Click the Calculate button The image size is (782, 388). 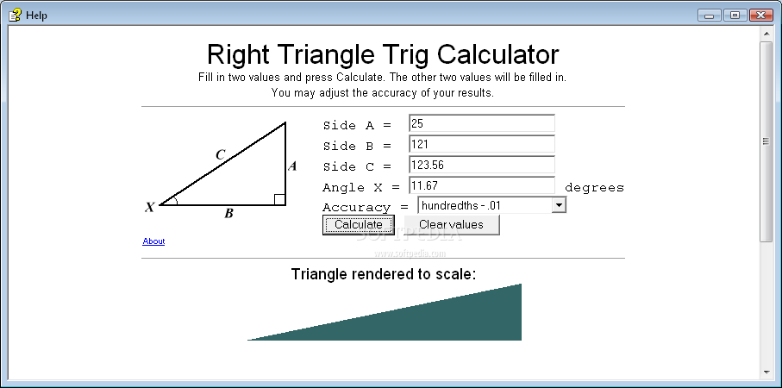pyautogui.click(x=358, y=224)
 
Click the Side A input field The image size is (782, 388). pyautogui.click(x=481, y=123)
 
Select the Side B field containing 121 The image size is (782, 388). pyautogui.click(x=481, y=144)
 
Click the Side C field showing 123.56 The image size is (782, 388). pyautogui.click(x=481, y=165)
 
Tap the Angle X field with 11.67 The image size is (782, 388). pyautogui.click(x=481, y=185)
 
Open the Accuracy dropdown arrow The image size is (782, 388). pyautogui.click(x=559, y=205)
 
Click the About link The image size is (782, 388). pyautogui.click(x=153, y=241)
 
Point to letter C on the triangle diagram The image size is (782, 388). pyautogui.click(x=221, y=154)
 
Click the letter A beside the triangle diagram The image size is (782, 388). pyautogui.click(x=292, y=166)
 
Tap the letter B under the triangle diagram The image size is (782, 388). pyautogui.click(x=229, y=214)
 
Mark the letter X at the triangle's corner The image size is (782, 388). pyautogui.click(x=150, y=208)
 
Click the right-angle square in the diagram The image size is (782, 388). pyautogui.click(x=280, y=199)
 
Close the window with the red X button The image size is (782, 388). pyautogui.click(x=761, y=15)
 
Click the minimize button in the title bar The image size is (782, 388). pyautogui.click(x=710, y=15)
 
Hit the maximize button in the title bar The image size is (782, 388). pyautogui.click(x=735, y=15)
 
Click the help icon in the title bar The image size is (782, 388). pyautogui.click(x=15, y=15)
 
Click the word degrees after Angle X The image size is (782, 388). pyautogui.click(x=594, y=187)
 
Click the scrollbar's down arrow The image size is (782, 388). pyautogui.click(x=766, y=372)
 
